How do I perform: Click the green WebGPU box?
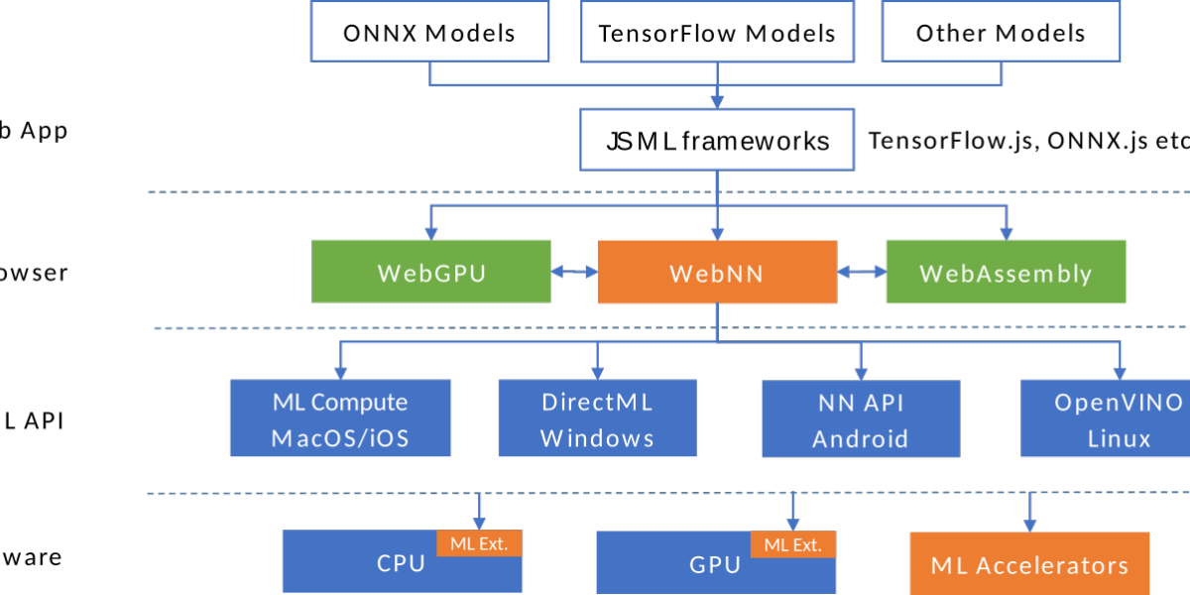pos(431,272)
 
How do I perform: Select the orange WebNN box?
pos(716,273)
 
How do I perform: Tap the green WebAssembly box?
pos(1006,273)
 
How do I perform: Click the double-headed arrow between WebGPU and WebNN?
pos(574,271)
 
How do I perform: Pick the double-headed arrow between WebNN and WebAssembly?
pos(861,271)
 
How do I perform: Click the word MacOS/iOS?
pos(340,437)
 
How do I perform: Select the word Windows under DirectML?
pos(597,437)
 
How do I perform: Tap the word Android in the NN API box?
pos(860,438)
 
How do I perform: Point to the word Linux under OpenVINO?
pos(1119,438)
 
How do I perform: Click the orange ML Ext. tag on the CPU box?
pos(479,543)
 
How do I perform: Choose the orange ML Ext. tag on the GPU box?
pos(793,543)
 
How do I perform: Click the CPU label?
pos(401,564)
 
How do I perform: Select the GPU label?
pos(715,565)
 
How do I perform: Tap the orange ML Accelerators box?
pos(1029,565)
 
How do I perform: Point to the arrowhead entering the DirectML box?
pos(597,372)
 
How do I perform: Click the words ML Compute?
pos(340,403)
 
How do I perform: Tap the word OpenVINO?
pos(1119,403)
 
